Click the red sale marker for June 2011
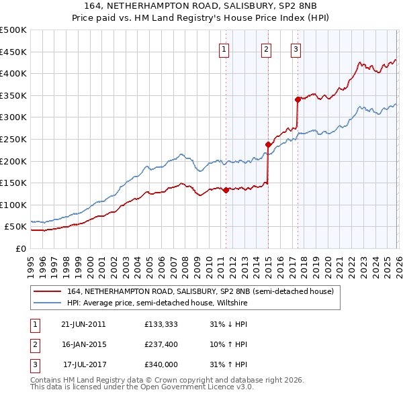226,190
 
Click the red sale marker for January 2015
268,144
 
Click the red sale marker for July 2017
298,100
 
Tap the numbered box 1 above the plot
224,48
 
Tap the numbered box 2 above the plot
267,48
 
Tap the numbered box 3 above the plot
296,48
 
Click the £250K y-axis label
13,139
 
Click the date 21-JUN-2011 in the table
83,324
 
